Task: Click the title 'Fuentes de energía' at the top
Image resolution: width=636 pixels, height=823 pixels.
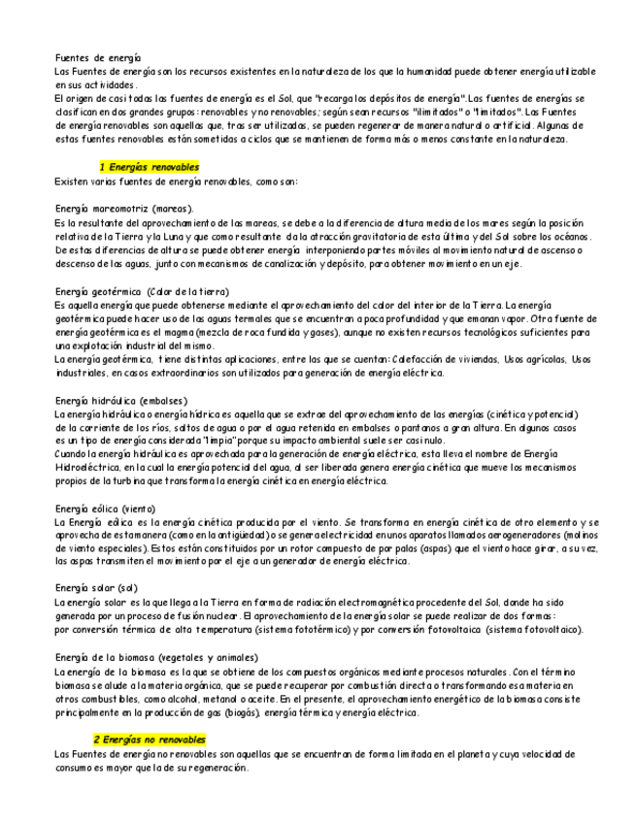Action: tap(98, 58)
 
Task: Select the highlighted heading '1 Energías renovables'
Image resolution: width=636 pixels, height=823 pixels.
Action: tap(150, 167)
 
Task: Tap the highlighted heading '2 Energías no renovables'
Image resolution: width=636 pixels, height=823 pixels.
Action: tap(150, 740)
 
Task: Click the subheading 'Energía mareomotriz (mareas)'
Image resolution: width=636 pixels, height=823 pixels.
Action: tap(124, 209)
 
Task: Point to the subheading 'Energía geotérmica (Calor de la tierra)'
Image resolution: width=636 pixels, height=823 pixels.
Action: tap(142, 291)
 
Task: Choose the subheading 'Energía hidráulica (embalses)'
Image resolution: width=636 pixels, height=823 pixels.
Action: tap(121, 400)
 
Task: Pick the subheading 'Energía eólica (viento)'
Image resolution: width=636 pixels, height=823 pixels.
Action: tap(106, 509)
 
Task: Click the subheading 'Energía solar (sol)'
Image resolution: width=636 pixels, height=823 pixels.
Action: tap(97, 588)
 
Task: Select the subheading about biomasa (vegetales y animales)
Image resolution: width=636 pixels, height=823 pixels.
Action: tap(156, 658)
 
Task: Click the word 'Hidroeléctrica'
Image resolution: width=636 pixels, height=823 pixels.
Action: tap(88, 467)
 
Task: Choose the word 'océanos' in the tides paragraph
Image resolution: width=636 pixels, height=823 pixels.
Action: tap(571, 236)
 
